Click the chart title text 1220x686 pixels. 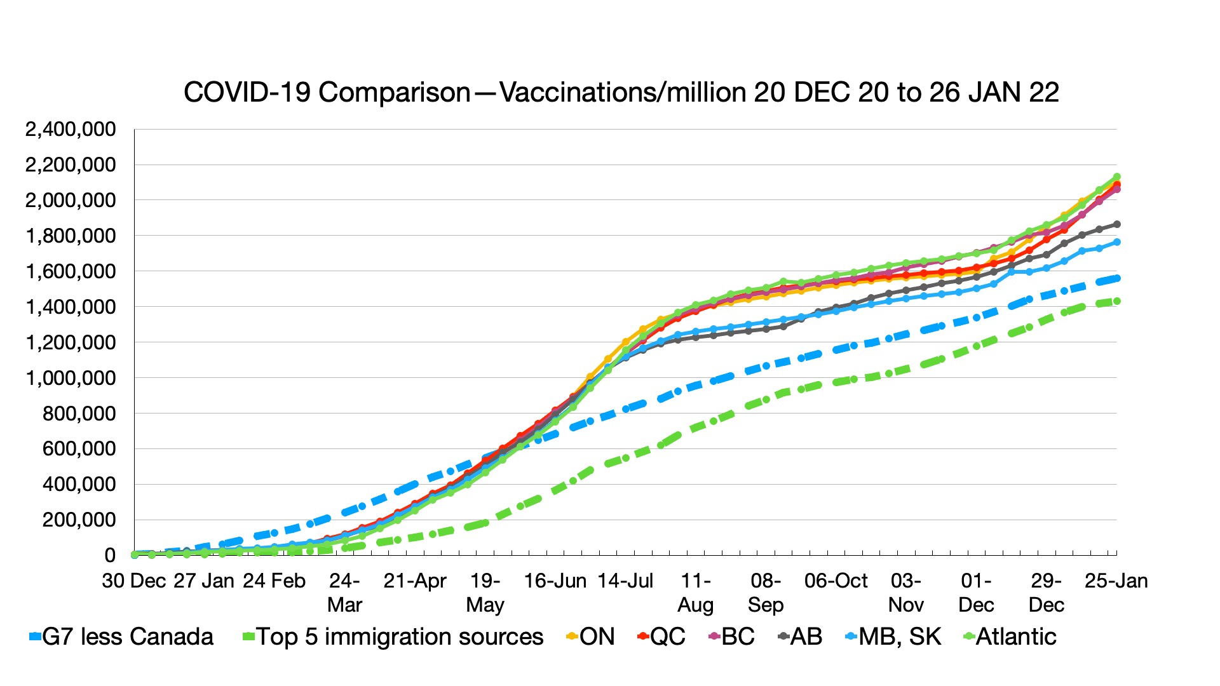621,93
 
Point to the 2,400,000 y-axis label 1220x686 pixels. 71,130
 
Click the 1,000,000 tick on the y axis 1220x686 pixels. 71,378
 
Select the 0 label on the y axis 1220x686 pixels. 110,556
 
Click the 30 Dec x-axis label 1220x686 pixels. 134,581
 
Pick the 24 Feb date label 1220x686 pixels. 274,581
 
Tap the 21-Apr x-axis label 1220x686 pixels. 415,581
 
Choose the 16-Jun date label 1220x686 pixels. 555,581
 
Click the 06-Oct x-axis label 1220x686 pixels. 836,581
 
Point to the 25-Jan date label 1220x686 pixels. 1116,581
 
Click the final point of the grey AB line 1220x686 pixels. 1116,224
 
